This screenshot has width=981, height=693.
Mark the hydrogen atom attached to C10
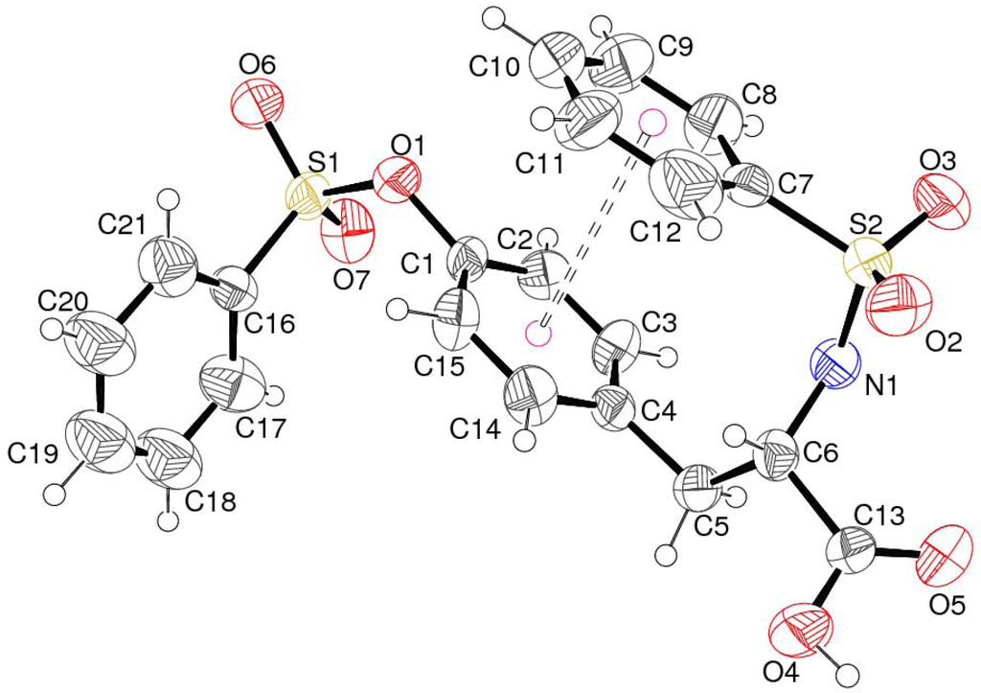pyautogui.click(x=495, y=16)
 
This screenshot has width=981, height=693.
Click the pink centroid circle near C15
pyautogui.click(x=538, y=335)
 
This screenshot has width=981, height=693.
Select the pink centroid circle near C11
pyautogui.click(x=651, y=121)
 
